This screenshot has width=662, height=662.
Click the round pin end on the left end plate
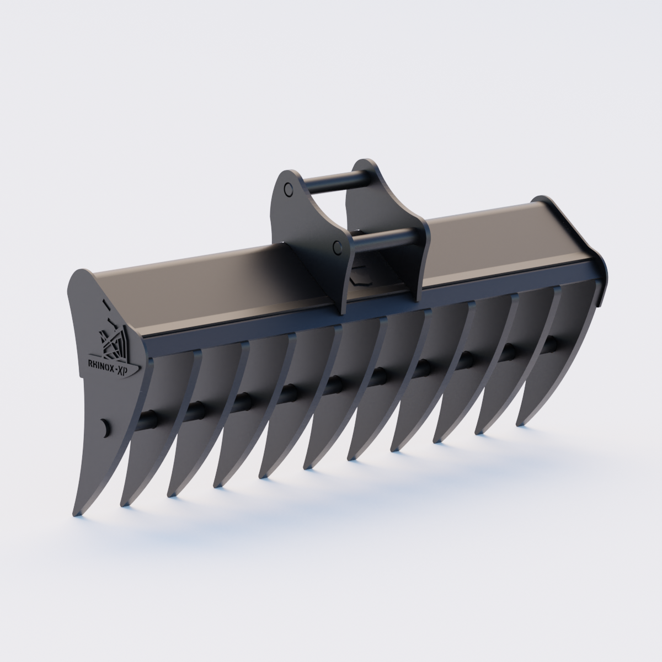[x=105, y=426]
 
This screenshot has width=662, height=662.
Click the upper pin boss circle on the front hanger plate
[x=288, y=190]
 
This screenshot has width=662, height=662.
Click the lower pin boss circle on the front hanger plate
[x=337, y=247]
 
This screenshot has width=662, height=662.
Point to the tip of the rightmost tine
[x=519, y=423]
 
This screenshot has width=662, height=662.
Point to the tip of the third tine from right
[x=437, y=440]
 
